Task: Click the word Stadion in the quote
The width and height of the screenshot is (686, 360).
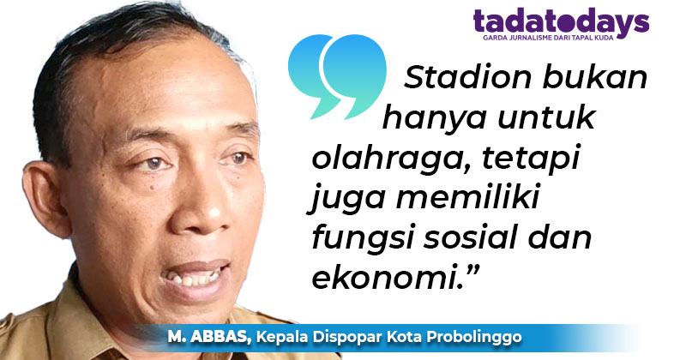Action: click(454, 81)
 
